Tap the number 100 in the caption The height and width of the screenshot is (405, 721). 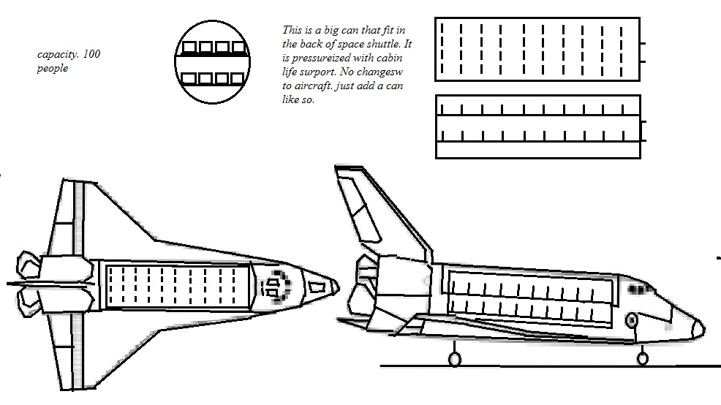(91, 54)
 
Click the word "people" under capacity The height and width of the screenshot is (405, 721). (51, 68)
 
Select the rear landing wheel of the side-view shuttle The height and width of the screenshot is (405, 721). (454, 359)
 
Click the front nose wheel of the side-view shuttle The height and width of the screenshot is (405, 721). (643, 357)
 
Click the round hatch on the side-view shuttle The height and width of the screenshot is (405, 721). (633, 320)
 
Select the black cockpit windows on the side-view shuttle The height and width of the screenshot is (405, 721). (640, 290)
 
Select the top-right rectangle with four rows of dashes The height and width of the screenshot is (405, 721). (537, 49)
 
